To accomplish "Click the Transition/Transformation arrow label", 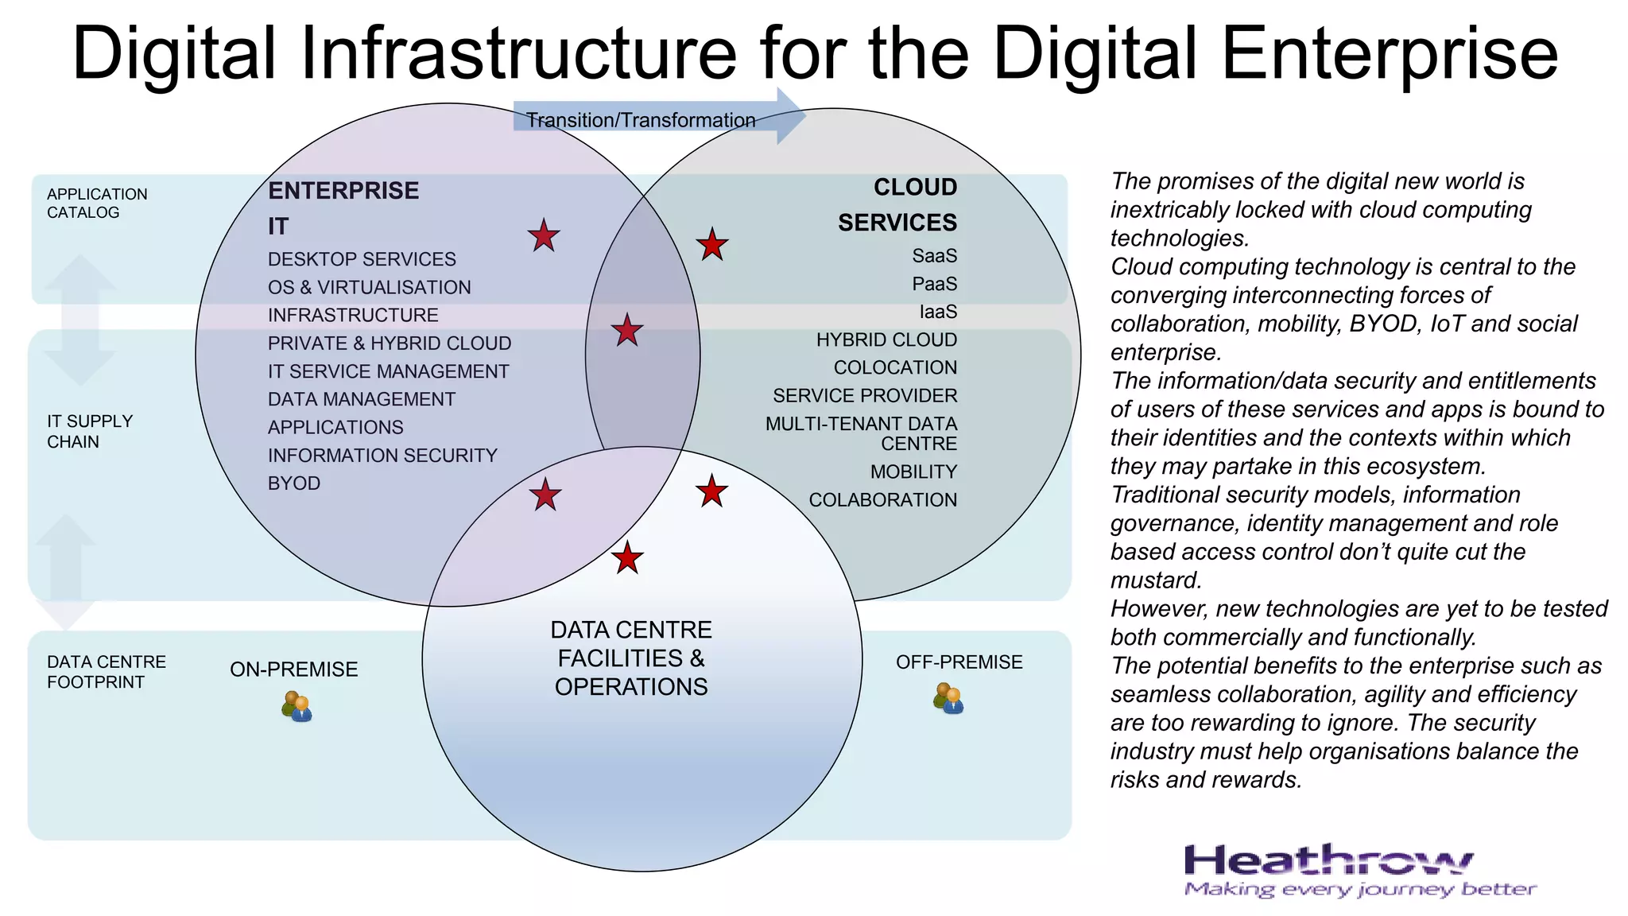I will [x=641, y=120].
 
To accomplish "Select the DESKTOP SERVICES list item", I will [x=362, y=259].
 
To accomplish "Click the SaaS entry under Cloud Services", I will [x=934, y=256].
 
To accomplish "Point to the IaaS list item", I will [x=938, y=312].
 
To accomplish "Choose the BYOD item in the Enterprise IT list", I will [x=294, y=483].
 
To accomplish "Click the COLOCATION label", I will [x=895, y=367].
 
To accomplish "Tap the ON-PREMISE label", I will [x=294, y=670].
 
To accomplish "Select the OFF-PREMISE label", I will [x=959, y=662].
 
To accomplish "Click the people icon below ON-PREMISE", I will [x=297, y=706].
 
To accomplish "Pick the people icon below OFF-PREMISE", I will [x=948, y=698].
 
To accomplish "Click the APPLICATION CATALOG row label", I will [x=97, y=204].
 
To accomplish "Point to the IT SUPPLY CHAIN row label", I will [x=90, y=432].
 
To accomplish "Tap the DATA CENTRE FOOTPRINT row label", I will [x=107, y=672].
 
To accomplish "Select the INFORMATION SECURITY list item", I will [x=382, y=456].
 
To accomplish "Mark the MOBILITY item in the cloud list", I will [x=913, y=472].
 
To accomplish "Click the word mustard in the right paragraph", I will [x=1155, y=580].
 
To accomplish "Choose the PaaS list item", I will [x=934, y=284].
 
